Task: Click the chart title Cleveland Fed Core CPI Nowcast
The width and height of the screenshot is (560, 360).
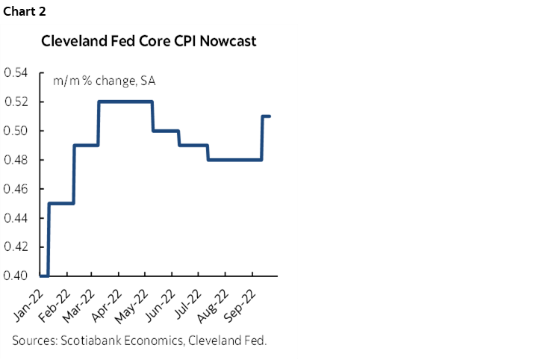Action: point(149,41)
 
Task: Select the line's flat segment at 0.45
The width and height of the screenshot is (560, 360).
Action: point(61,203)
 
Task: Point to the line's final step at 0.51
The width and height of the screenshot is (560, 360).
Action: point(267,117)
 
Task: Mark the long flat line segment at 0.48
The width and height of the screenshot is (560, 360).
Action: point(235,160)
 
